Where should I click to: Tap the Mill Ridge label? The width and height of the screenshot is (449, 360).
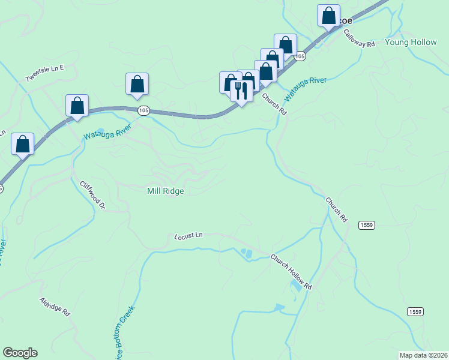165,191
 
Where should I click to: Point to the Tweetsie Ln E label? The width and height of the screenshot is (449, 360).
44,74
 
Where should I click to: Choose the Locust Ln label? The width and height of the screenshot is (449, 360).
190,236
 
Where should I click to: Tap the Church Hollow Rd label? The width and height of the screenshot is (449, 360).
292,272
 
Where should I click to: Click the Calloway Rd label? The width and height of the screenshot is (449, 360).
360,40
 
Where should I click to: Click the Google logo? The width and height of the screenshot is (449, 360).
20,353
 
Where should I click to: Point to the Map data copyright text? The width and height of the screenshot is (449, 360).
423,355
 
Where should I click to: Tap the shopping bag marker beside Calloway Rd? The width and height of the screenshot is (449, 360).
328,16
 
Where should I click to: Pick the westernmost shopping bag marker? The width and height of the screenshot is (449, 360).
22,144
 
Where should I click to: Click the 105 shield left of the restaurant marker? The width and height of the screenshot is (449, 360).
143,110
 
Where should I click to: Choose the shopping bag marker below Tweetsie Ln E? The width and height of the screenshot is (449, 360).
77,106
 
